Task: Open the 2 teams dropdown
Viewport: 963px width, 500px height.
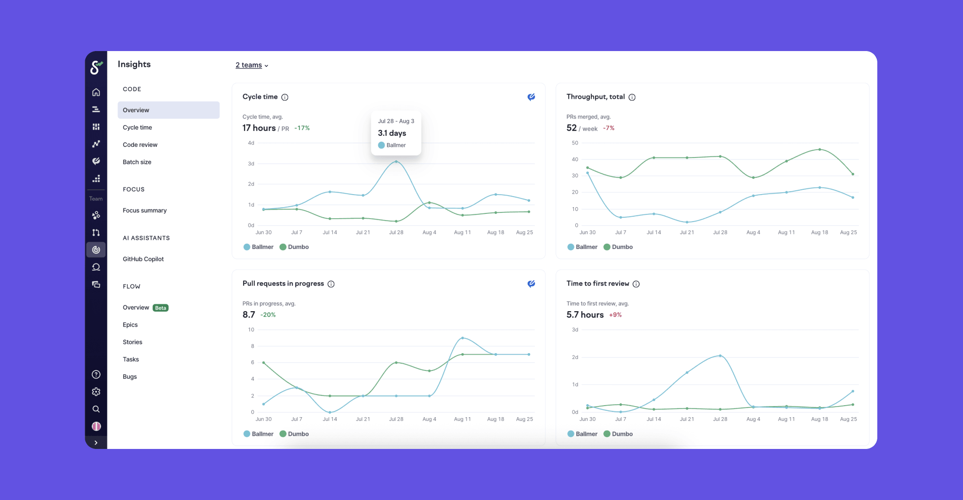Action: [x=252, y=65]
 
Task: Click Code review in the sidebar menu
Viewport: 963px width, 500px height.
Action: [x=140, y=145]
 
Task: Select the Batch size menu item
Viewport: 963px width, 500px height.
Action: [x=137, y=162]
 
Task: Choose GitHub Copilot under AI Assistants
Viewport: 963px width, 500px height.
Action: [x=143, y=259]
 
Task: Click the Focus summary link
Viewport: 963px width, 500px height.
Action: [x=144, y=211]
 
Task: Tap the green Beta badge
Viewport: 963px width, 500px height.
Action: [x=160, y=308]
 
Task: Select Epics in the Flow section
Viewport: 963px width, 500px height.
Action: [x=130, y=325]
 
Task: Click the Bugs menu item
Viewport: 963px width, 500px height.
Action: [x=130, y=377]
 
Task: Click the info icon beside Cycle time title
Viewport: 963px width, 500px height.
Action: [x=285, y=97]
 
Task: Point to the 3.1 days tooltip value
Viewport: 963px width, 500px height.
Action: [x=392, y=133]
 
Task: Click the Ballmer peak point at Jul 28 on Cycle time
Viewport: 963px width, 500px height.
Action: [x=396, y=161]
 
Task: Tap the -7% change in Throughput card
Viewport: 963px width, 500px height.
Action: [x=609, y=128]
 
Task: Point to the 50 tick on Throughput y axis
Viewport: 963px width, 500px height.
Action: [x=575, y=143]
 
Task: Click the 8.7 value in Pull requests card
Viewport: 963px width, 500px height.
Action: [x=249, y=315]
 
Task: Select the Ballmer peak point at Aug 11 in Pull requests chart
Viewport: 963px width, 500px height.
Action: [x=463, y=338]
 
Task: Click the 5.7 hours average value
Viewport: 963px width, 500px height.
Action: [x=585, y=315]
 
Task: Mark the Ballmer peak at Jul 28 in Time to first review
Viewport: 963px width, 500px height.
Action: [x=720, y=355]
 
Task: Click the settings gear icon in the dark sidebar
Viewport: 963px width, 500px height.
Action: [x=96, y=392]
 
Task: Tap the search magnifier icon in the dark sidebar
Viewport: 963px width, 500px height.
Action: [x=96, y=409]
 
